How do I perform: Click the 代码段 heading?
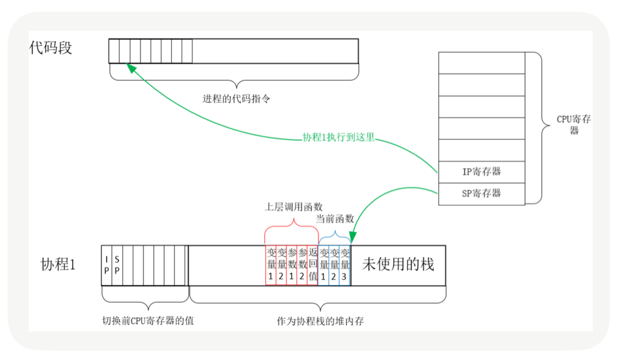50,48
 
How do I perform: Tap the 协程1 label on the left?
58,264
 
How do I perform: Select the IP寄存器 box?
481,172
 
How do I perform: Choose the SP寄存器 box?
481,194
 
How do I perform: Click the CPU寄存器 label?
574,125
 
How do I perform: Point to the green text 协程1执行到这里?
339,137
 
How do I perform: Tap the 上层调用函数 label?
291,206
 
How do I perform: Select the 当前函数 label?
335,217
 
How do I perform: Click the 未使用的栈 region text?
398,264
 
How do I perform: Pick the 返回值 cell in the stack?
312,264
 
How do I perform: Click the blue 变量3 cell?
345,264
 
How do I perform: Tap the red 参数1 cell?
292,264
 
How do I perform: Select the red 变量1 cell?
271,264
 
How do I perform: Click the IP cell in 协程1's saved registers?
107,264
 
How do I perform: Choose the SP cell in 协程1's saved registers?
117,264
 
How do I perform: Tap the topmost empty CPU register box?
481,62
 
